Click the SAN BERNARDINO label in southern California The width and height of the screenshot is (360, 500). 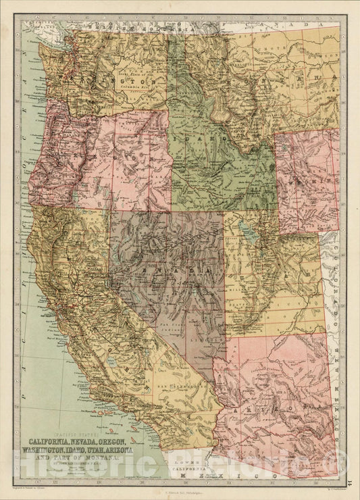(x=172, y=386)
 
